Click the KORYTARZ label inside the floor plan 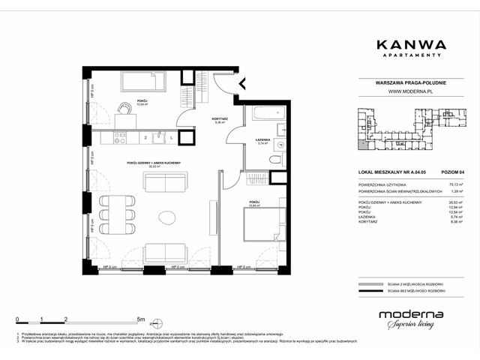click(x=199, y=120)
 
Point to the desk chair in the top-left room click(x=122, y=109)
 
